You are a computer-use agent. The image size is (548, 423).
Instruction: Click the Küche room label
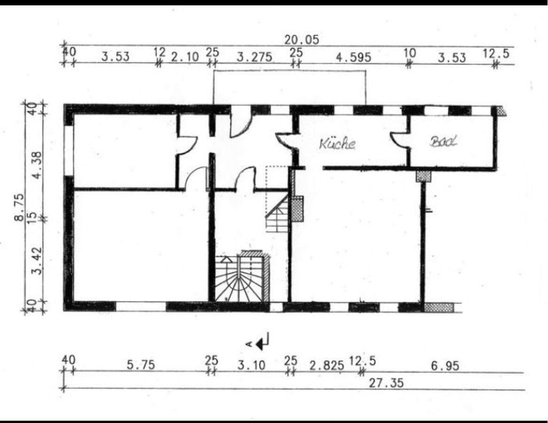click(337, 143)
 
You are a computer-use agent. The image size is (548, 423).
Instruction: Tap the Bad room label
click(443, 141)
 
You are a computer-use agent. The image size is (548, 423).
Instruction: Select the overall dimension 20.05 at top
click(301, 40)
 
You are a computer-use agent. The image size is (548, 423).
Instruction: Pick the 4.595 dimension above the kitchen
click(353, 57)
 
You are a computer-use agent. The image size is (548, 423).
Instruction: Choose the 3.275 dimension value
click(254, 57)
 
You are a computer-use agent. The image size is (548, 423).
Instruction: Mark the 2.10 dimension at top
click(185, 57)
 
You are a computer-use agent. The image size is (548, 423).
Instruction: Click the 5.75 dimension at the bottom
click(141, 365)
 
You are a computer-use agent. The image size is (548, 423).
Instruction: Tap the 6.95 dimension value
click(445, 365)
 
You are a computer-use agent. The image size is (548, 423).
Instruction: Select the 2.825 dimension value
click(326, 365)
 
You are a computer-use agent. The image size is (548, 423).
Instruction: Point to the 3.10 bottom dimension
click(251, 365)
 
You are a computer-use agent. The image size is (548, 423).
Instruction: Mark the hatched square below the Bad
click(423, 176)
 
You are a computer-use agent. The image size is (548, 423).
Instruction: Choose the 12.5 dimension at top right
click(496, 54)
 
